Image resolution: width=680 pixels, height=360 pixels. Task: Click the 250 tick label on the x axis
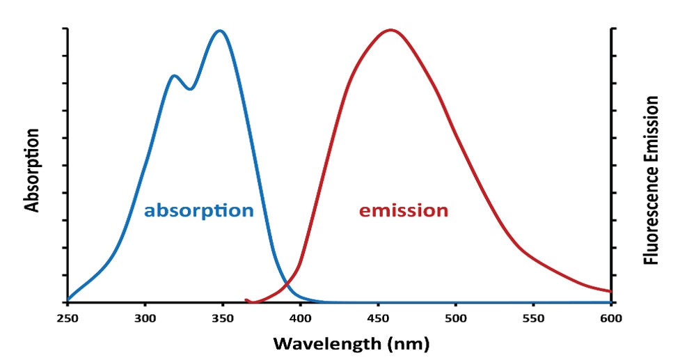[68, 318]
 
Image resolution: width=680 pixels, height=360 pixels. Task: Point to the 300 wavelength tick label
[145, 318]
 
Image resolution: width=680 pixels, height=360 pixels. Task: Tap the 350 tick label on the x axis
[223, 318]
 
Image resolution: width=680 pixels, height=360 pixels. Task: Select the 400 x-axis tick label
[300, 318]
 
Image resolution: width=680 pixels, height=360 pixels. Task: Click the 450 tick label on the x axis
[378, 318]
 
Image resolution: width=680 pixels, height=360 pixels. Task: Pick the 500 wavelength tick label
[456, 318]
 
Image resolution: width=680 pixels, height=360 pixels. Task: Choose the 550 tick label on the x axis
[533, 318]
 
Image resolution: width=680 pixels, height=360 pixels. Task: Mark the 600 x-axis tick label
[611, 318]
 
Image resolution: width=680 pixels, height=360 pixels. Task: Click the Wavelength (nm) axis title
[351, 343]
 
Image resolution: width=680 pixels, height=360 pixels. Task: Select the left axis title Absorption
[31, 170]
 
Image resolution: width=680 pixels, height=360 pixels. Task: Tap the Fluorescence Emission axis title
[651, 180]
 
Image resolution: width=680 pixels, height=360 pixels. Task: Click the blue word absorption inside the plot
[199, 211]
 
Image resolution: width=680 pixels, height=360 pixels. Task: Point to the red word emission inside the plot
[404, 210]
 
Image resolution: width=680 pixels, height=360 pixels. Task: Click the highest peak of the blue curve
[220, 31]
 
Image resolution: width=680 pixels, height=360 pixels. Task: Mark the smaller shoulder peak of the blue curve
[174, 77]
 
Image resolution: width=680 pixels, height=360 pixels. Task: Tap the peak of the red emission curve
[390, 31]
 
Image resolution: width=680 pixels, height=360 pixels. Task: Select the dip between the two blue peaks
[189, 89]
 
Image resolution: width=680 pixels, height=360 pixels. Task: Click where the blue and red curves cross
[287, 284]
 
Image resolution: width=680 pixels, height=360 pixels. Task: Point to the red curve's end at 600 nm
[610, 291]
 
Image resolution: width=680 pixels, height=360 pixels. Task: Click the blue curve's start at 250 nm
[68, 300]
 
